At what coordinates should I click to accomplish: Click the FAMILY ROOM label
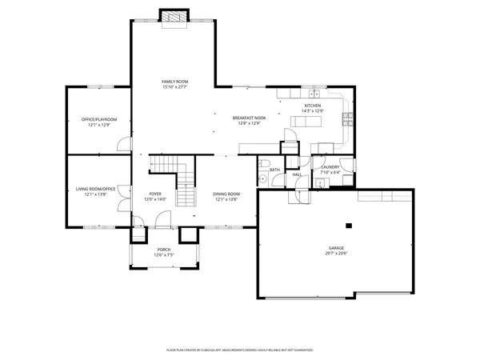(x=174, y=82)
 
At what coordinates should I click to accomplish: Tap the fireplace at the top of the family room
(x=174, y=18)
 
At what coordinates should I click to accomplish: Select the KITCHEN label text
(x=312, y=106)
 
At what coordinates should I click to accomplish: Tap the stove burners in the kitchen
(x=347, y=121)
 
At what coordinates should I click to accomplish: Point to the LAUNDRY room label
(x=330, y=167)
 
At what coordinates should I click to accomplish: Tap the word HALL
(x=296, y=174)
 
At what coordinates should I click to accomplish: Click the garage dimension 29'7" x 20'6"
(x=336, y=254)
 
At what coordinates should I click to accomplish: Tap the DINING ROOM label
(x=226, y=194)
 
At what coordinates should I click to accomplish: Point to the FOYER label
(x=155, y=194)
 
